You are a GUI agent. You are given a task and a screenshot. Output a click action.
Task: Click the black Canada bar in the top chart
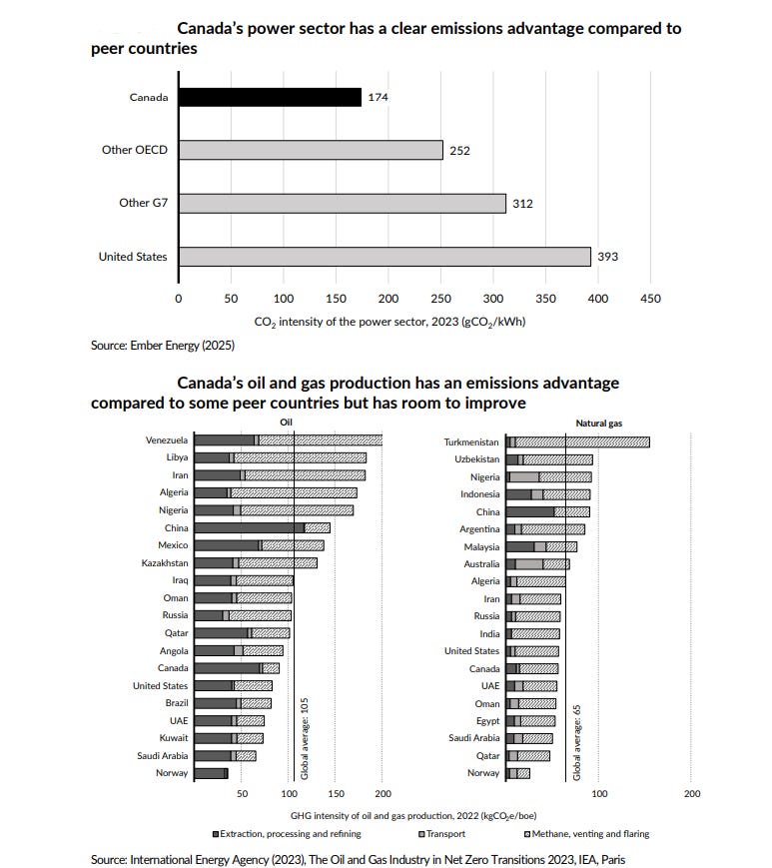click(270, 97)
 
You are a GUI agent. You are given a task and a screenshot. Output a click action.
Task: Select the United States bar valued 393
click(385, 257)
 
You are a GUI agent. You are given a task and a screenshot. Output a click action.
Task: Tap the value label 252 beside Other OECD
click(459, 151)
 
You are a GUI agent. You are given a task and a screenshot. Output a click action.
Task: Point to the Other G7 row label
click(143, 203)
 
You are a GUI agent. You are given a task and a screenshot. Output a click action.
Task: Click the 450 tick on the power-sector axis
click(650, 298)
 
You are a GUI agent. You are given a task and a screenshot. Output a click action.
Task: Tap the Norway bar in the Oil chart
click(212, 773)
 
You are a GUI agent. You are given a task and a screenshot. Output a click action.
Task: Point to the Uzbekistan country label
click(472, 458)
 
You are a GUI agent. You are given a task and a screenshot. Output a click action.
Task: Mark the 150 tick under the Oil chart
click(336, 794)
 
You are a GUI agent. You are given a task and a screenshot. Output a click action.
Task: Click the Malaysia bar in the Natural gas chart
click(541, 546)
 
